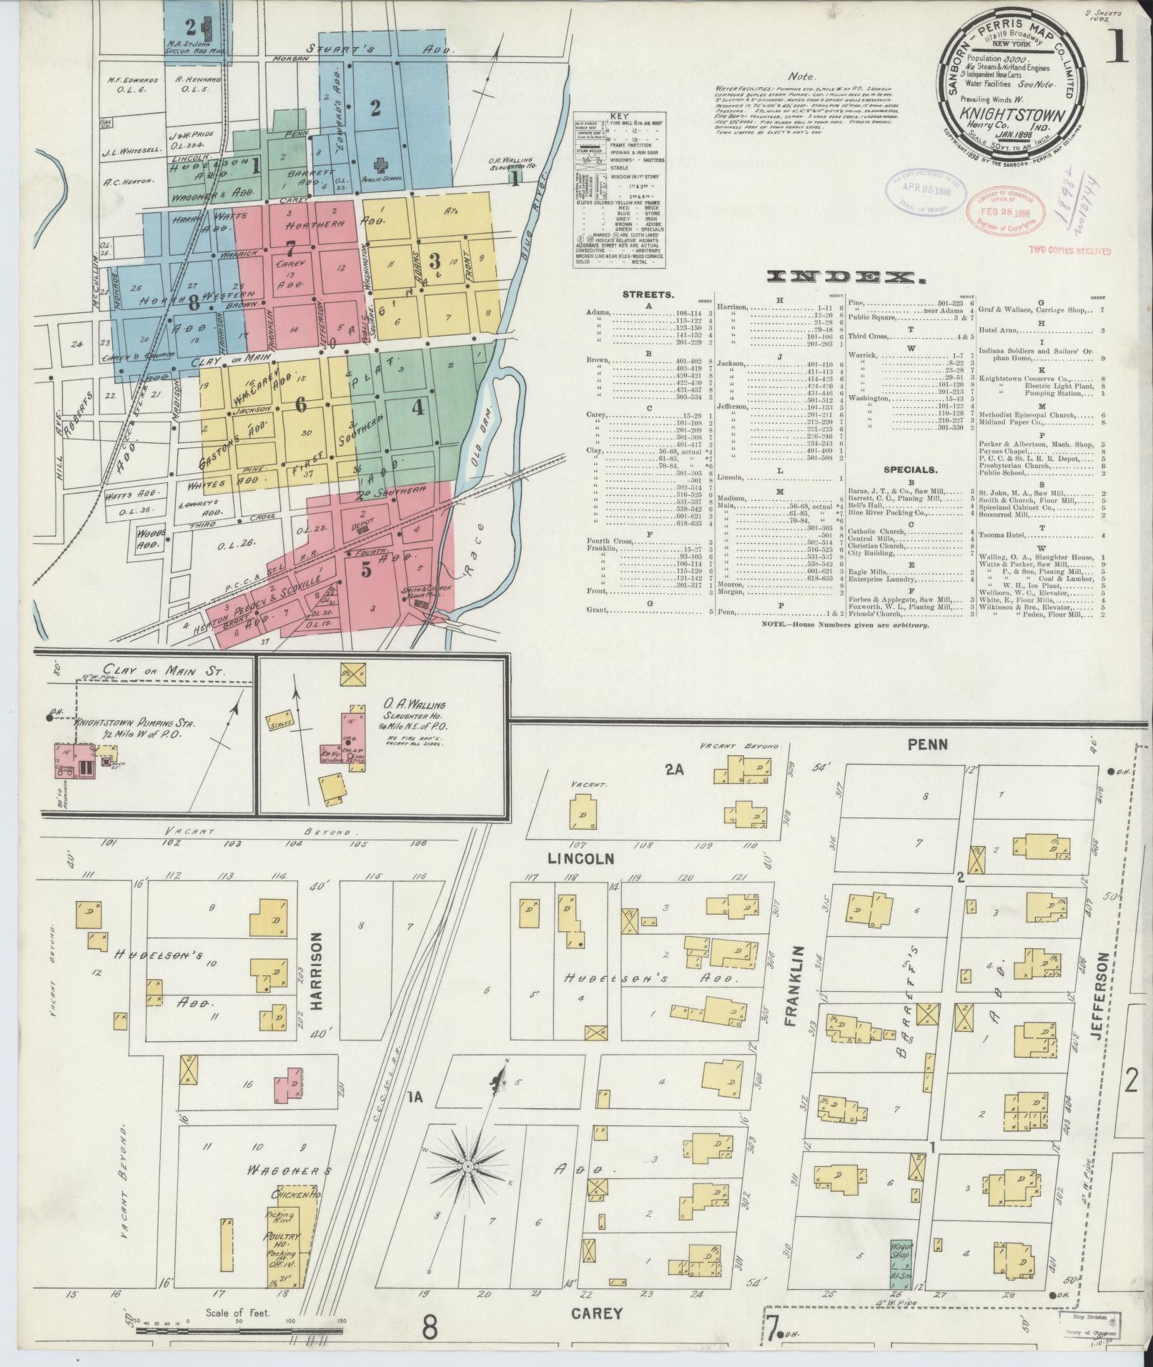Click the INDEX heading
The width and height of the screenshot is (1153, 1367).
pos(843,277)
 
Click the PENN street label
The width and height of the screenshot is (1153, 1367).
pos(928,745)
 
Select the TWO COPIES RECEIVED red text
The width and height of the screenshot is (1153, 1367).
pos(1069,251)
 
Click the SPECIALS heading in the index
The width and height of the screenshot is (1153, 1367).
pos(909,469)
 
